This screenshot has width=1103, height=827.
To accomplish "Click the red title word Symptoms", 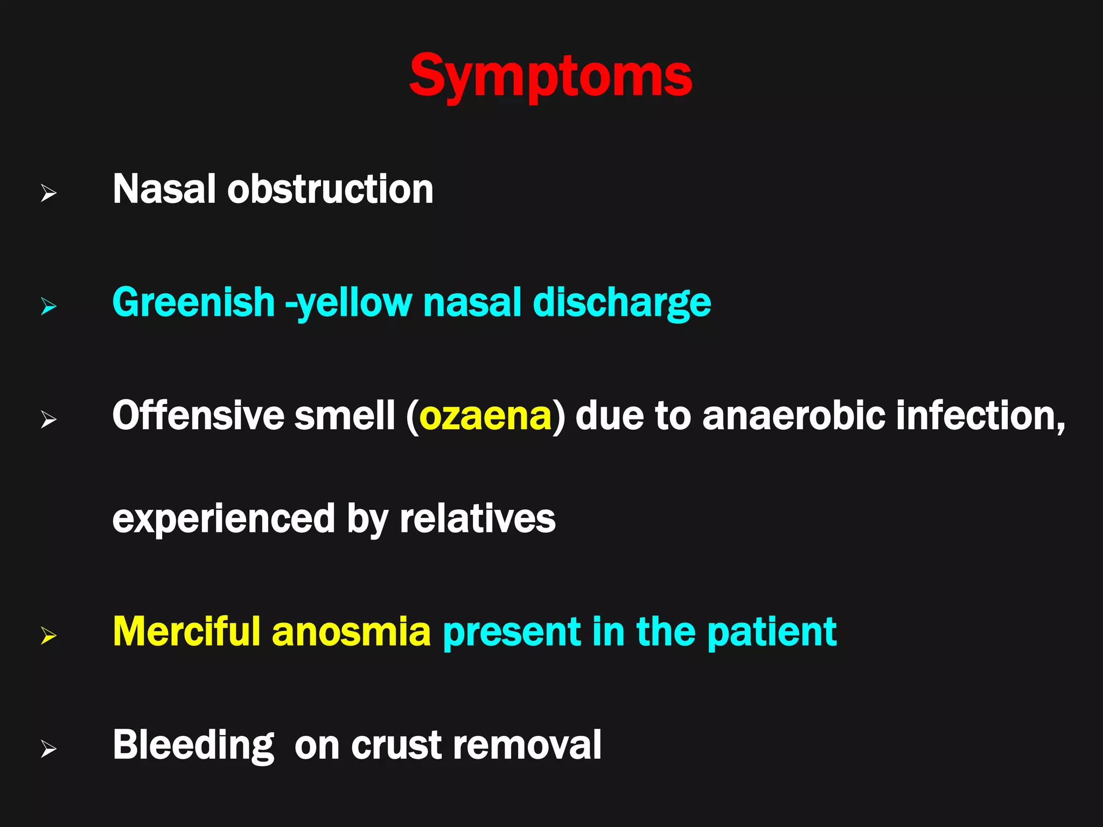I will pos(550,76).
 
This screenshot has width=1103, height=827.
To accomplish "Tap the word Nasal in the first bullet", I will pos(164,190).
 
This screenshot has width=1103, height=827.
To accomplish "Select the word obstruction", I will pos(330,190).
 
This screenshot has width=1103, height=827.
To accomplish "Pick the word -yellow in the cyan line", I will pos(348,304).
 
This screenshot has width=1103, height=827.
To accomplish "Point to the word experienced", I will pos(224,519).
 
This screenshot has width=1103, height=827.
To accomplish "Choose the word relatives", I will pos(477,519).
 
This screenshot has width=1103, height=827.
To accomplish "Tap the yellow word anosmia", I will pos(351,633).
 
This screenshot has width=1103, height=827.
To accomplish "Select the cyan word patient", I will pos(772,633).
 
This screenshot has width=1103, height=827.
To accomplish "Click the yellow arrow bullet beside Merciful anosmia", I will pos(48,636).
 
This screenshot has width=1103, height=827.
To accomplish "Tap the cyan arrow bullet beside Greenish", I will pos(48,307).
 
